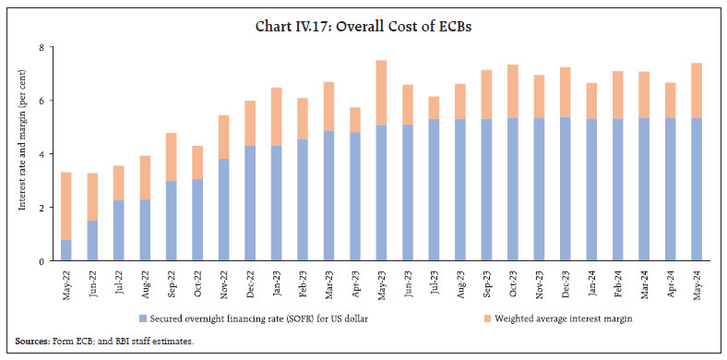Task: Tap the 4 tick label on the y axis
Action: [42, 154]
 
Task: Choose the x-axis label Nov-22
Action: [223, 285]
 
